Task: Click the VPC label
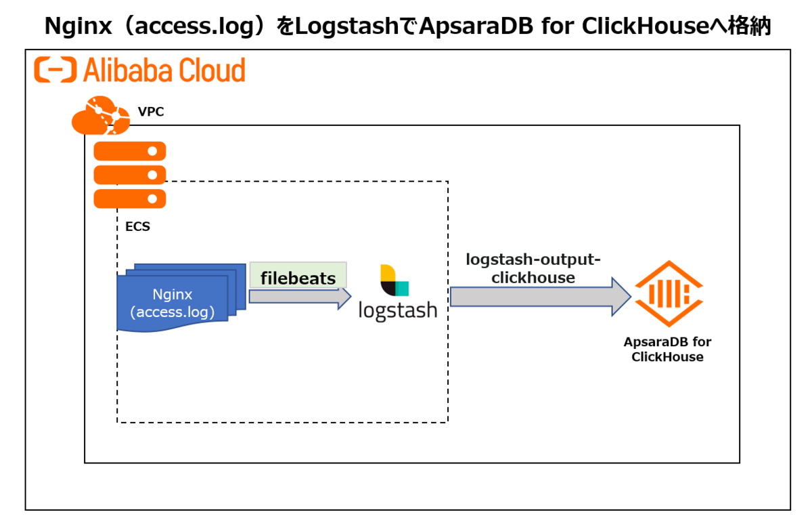pyautogui.click(x=150, y=112)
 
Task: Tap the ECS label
pyautogui.click(x=137, y=227)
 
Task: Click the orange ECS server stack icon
pyautogui.click(x=130, y=174)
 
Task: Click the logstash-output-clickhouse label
pyautogui.click(x=533, y=268)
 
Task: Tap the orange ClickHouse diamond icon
pyautogui.click(x=667, y=293)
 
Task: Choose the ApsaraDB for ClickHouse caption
pyautogui.click(x=667, y=349)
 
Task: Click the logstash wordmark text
pyautogui.click(x=397, y=310)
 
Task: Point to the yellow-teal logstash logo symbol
pyautogui.click(x=394, y=280)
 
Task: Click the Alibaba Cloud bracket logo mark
pyautogui.click(x=55, y=70)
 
